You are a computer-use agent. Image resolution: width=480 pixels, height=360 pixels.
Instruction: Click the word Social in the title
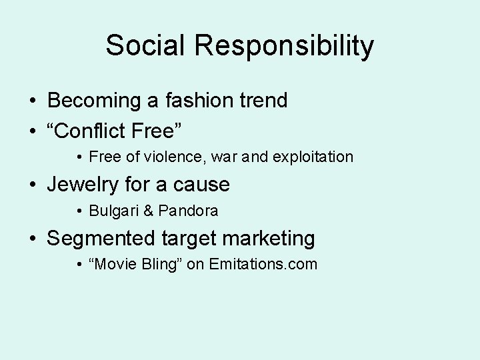coord(145,46)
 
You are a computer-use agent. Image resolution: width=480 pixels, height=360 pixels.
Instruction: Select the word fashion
coord(195,101)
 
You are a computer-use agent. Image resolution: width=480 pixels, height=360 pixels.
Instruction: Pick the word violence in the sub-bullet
coord(171,157)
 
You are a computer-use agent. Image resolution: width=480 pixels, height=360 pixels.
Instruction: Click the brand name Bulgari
coord(114,211)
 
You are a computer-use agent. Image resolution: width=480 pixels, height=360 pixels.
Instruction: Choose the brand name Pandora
coord(188,211)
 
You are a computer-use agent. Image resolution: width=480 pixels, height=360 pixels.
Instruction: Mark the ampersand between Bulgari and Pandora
coord(149,211)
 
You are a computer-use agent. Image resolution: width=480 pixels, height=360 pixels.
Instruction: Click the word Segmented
coord(101,238)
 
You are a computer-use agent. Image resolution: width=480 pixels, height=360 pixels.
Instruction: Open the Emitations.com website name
coord(263,265)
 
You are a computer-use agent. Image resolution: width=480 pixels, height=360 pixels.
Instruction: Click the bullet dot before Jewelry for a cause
coord(33,185)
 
